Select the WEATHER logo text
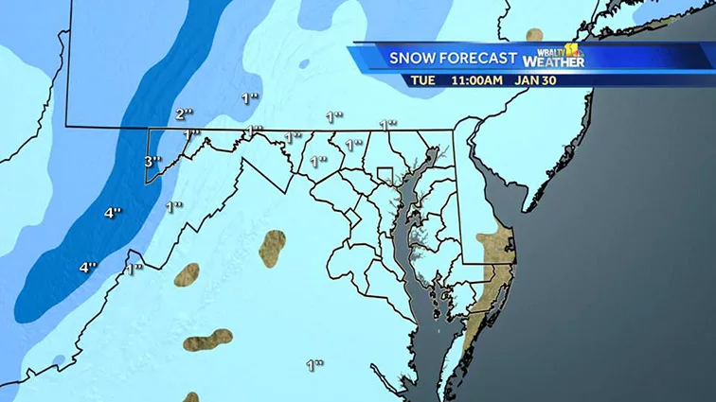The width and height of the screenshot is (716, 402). [560, 62]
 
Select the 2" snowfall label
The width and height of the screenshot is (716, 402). [185, 114]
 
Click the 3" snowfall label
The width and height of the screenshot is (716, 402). [152, 162]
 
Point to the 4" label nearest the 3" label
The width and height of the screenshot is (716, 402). [113, 213]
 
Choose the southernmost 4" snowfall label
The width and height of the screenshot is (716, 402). [88, 267]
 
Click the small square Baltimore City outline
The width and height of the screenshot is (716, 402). [385, 175]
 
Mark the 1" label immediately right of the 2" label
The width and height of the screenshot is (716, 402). [249, 97]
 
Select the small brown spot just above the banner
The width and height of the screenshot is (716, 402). [535, 34]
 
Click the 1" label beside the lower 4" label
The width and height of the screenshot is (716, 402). [134, 268]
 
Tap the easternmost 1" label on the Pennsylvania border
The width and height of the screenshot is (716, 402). [387, 124]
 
